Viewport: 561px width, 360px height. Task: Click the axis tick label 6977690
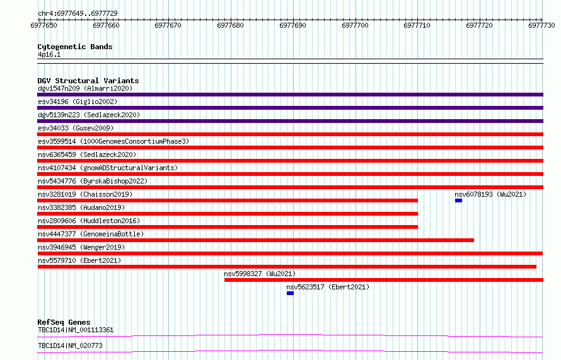point(292,25)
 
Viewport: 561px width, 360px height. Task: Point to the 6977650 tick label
point(43,25)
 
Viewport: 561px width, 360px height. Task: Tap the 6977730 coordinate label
point(541,25)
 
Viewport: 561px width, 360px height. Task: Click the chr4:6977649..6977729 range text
point(78,13)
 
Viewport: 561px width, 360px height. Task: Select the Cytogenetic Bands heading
point(75,47)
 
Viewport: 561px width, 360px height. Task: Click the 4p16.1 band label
point(49,54)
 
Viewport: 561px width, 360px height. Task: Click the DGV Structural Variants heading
point(88,81)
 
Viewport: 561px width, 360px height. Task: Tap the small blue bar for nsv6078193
point(458,200)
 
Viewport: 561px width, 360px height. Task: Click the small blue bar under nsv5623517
point(290,293)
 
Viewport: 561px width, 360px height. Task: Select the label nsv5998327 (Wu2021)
point(260,274)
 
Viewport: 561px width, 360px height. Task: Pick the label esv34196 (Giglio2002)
point(78,102)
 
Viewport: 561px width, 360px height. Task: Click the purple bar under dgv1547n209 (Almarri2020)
point(290,95)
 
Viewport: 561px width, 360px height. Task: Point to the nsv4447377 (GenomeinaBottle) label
point(91,234)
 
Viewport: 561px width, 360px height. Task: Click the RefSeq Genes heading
point(64,322)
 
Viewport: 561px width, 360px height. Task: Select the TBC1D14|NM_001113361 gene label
point(76,330)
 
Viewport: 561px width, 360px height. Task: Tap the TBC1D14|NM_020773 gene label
point(70,345)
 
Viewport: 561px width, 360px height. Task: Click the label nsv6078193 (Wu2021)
point(490,194)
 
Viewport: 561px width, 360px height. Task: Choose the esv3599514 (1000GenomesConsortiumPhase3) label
point(113,141)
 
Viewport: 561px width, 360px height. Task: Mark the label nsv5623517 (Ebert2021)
point(328,287)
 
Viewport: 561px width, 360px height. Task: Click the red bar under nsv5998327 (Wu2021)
point(384,280)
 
